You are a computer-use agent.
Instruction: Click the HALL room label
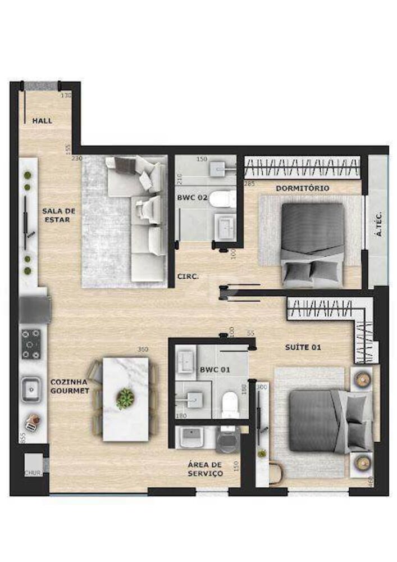[42, 120]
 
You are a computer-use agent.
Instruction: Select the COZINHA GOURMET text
[70, 386]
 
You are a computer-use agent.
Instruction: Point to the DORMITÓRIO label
[303, 188]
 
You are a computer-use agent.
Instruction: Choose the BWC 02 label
[192, 198]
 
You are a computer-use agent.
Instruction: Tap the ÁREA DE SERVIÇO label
[205, 469]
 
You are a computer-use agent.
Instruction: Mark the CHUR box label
[33, 473]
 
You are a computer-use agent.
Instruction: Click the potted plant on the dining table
[125, 398]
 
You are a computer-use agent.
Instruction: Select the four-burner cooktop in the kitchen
[31, 343]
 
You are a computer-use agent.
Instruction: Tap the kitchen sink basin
[31, 388]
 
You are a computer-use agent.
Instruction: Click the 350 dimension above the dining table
[143, 350]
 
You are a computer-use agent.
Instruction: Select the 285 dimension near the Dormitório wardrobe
[249, 183]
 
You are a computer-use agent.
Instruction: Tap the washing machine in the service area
[227, 443]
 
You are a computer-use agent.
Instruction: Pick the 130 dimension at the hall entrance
[66, 96]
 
